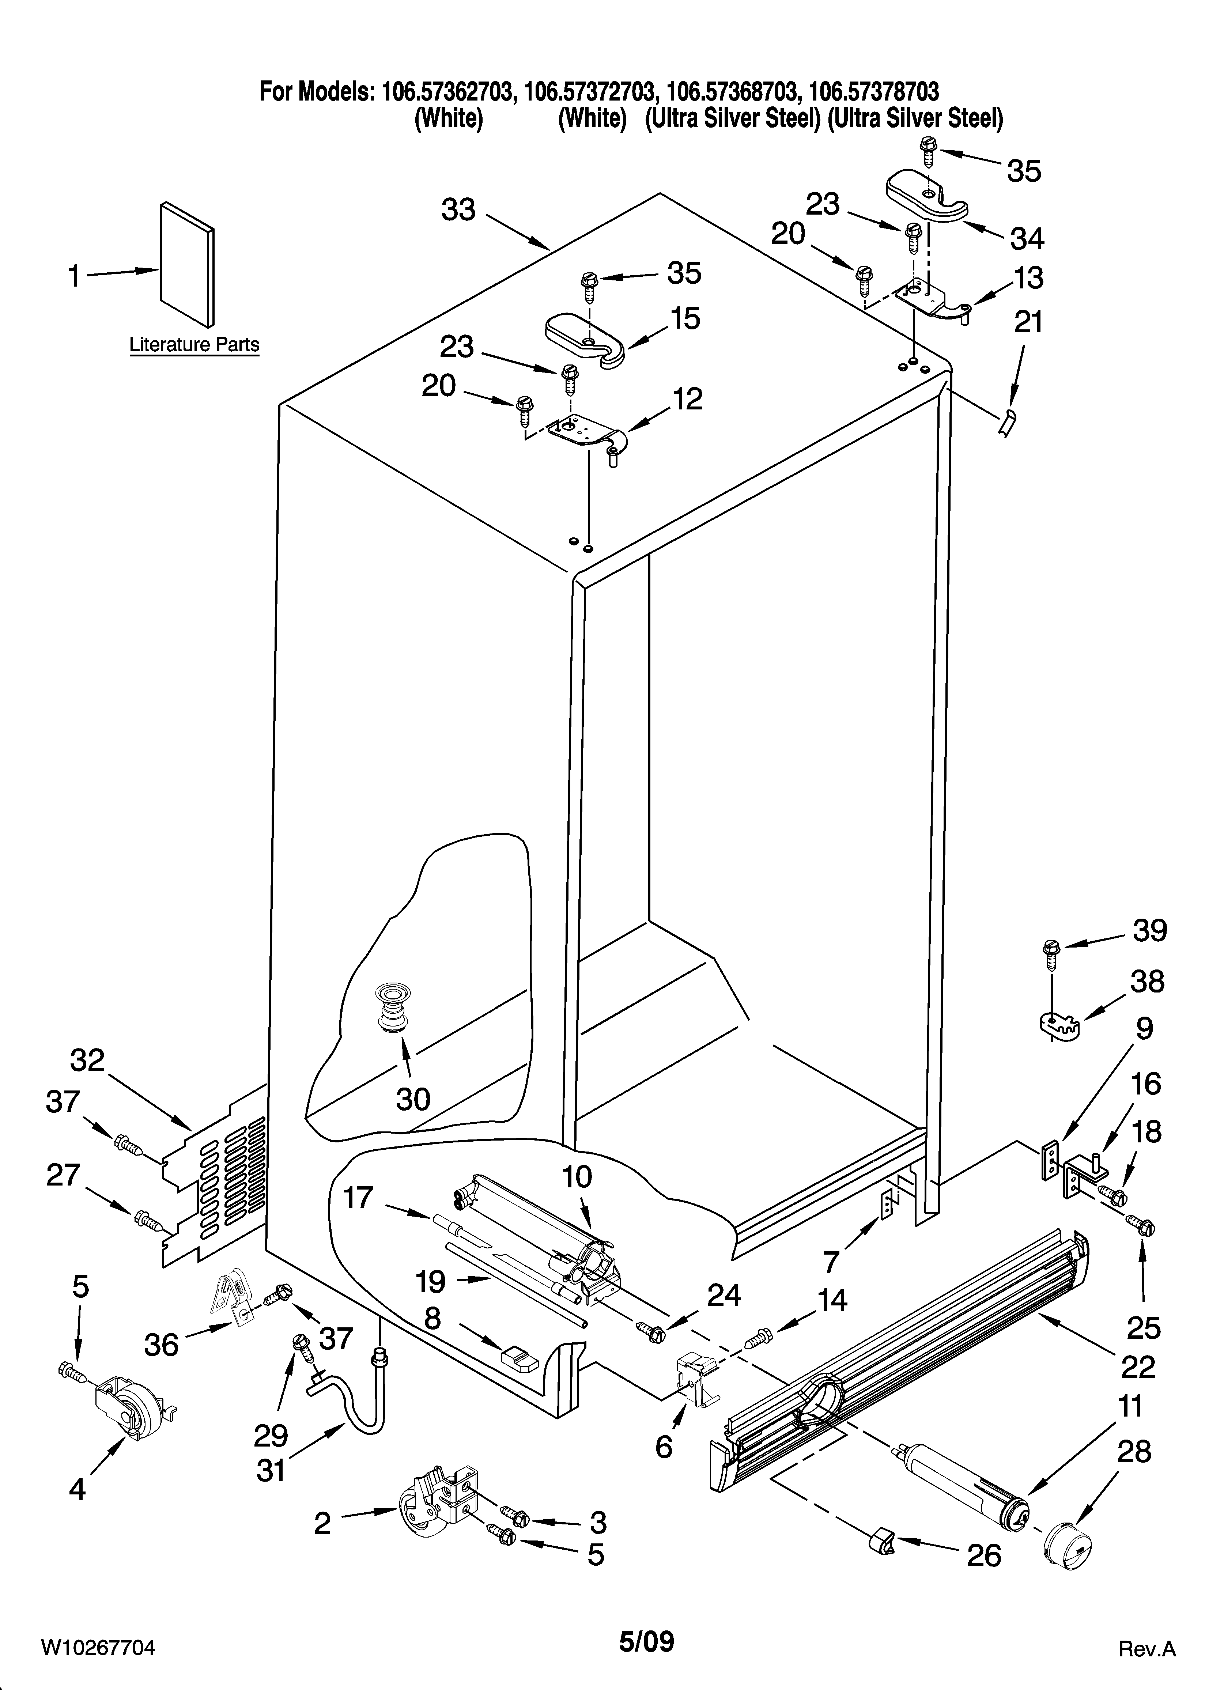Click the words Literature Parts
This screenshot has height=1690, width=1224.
point(194,345)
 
